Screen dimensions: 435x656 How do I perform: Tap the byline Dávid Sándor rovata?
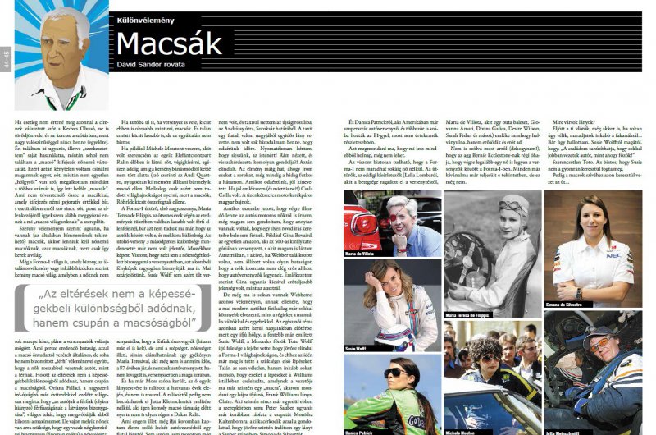point(162,67)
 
